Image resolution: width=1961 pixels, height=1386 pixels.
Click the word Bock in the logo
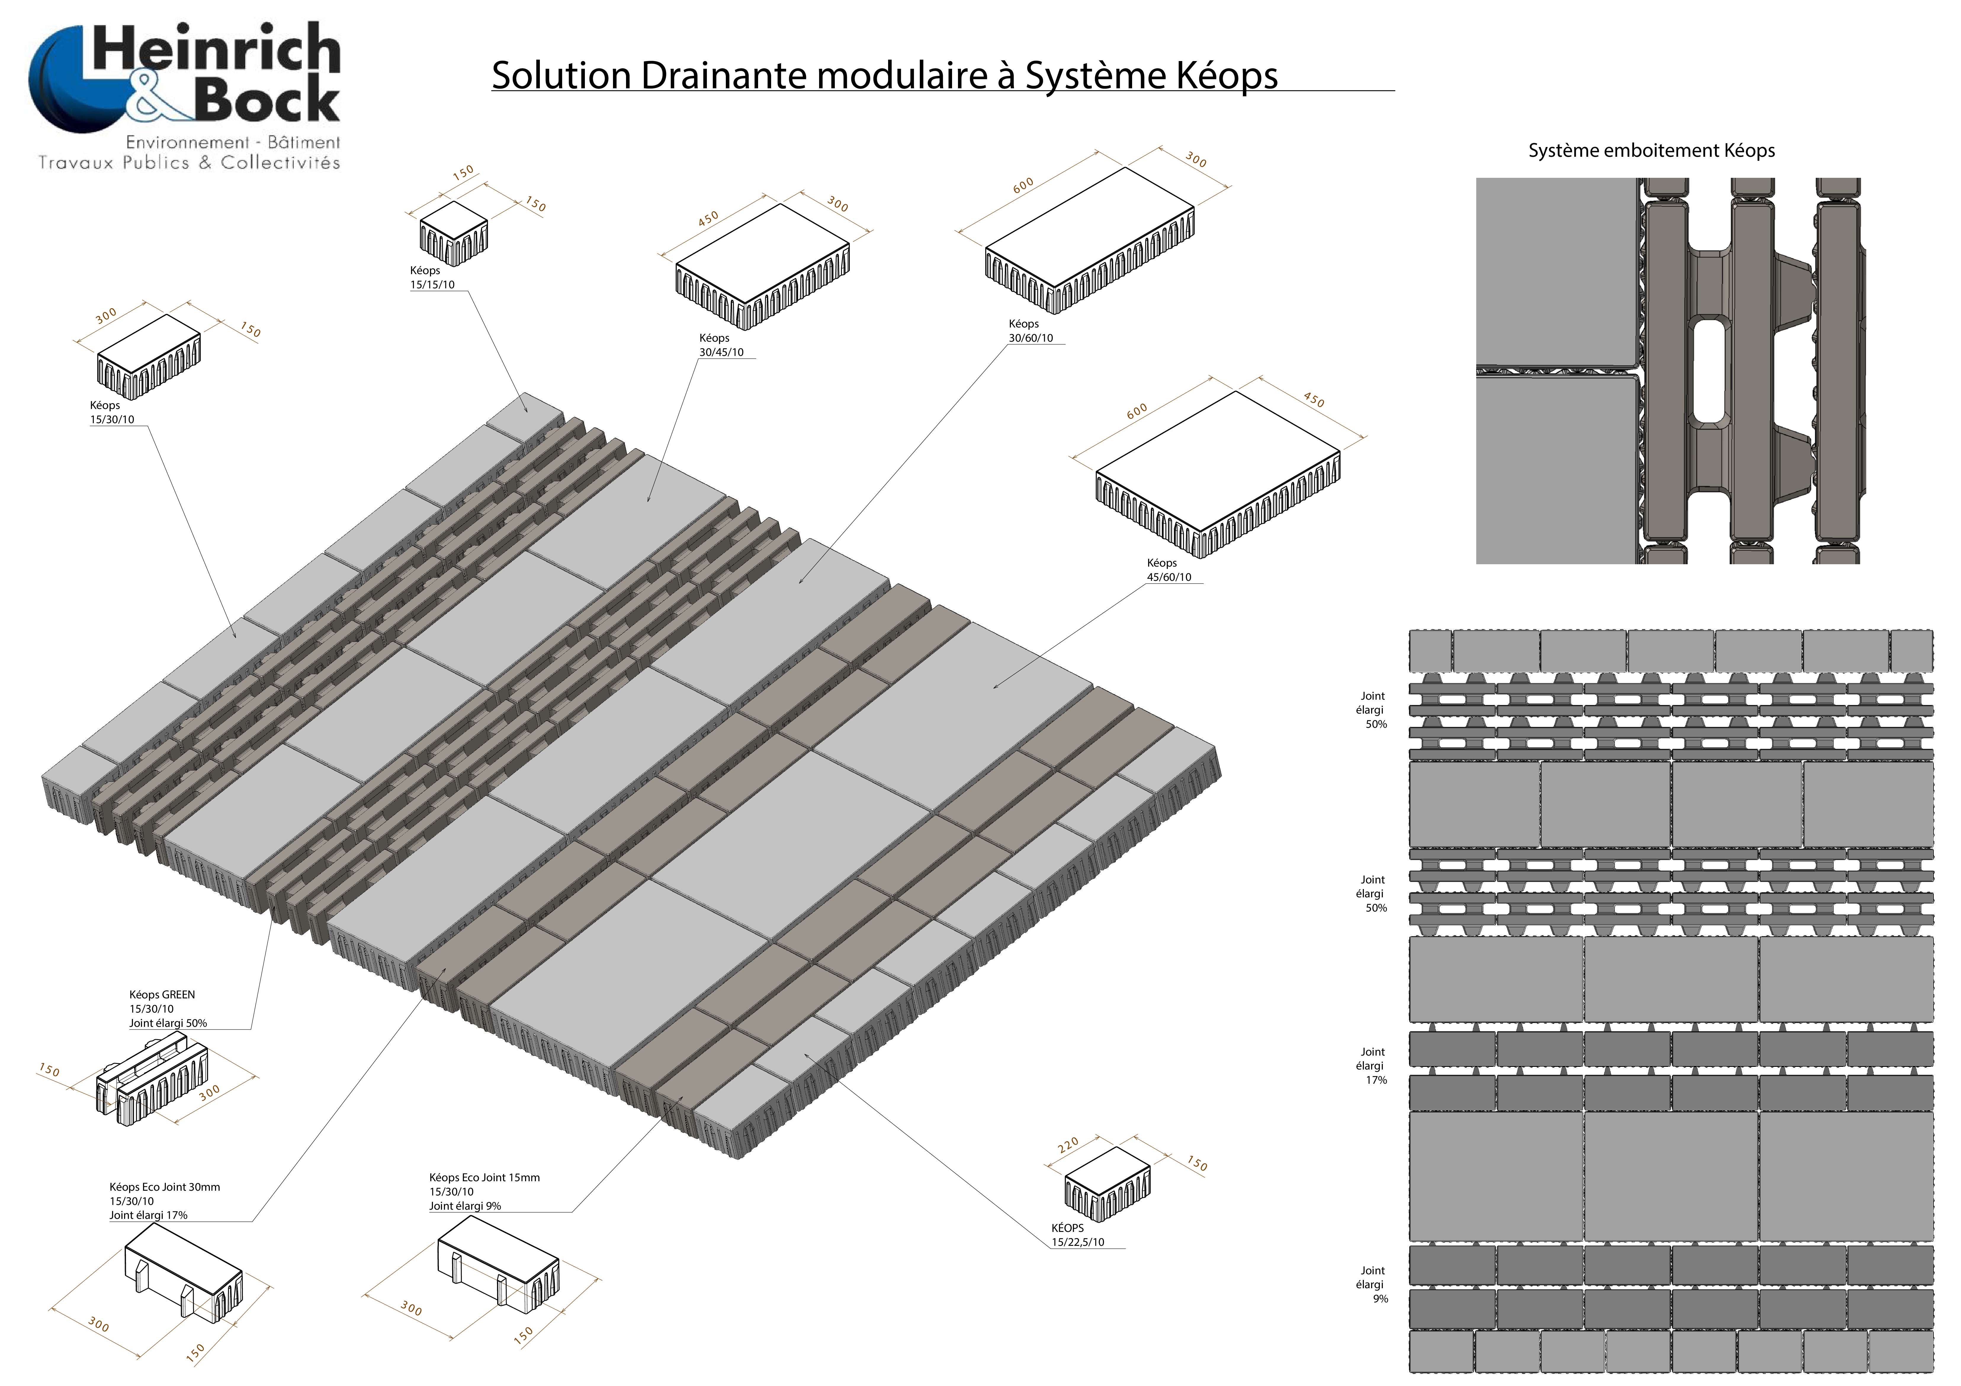click(x=267, y=100)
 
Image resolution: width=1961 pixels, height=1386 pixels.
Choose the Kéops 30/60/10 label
click(x=1030, y=331)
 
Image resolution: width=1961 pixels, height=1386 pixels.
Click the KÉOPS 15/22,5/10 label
click(x=1077, y=1235)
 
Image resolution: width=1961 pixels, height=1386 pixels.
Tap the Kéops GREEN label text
click(x=162, y=995)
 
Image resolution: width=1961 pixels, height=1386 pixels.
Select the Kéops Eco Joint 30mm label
click(x=164, y=1187)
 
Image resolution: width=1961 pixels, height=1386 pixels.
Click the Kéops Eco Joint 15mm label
click(x=484, y=1177)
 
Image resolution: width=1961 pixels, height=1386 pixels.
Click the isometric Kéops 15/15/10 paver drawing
click(x=453, y=232)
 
